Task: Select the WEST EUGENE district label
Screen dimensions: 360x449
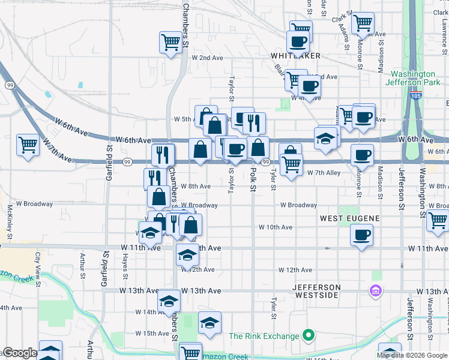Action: click(348, 218)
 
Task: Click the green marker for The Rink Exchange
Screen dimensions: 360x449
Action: click(309, 335)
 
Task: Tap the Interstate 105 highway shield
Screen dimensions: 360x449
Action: click(415, 95)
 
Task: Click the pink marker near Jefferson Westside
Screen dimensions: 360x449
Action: click(376, 291)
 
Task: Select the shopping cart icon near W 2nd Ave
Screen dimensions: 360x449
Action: click(170, 42)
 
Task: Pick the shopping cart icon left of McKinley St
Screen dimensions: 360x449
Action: click(28, 145)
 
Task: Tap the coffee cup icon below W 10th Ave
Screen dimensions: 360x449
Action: click(362, 235)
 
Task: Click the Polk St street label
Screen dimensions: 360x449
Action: click(253, 181)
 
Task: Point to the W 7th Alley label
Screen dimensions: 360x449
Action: click(324, 173)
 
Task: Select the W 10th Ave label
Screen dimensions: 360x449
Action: click(275, 227)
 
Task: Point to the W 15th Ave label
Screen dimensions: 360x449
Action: click(152, 333)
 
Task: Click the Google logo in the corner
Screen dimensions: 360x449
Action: click(19, 353)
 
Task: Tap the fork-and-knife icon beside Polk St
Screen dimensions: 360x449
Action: click(254, 122)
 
